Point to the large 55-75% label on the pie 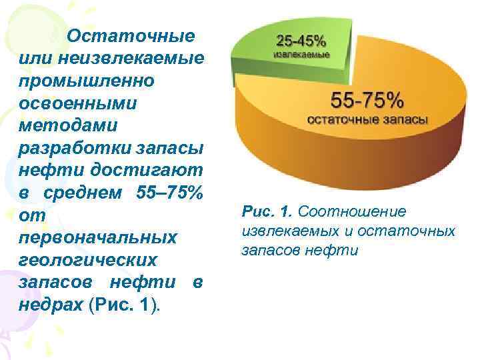[x=367, y=101]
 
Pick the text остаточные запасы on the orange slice [x=367, y=120]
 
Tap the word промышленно [x=87, y=81]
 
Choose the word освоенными [x=78, y=103]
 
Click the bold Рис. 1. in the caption [x=268, y=212]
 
